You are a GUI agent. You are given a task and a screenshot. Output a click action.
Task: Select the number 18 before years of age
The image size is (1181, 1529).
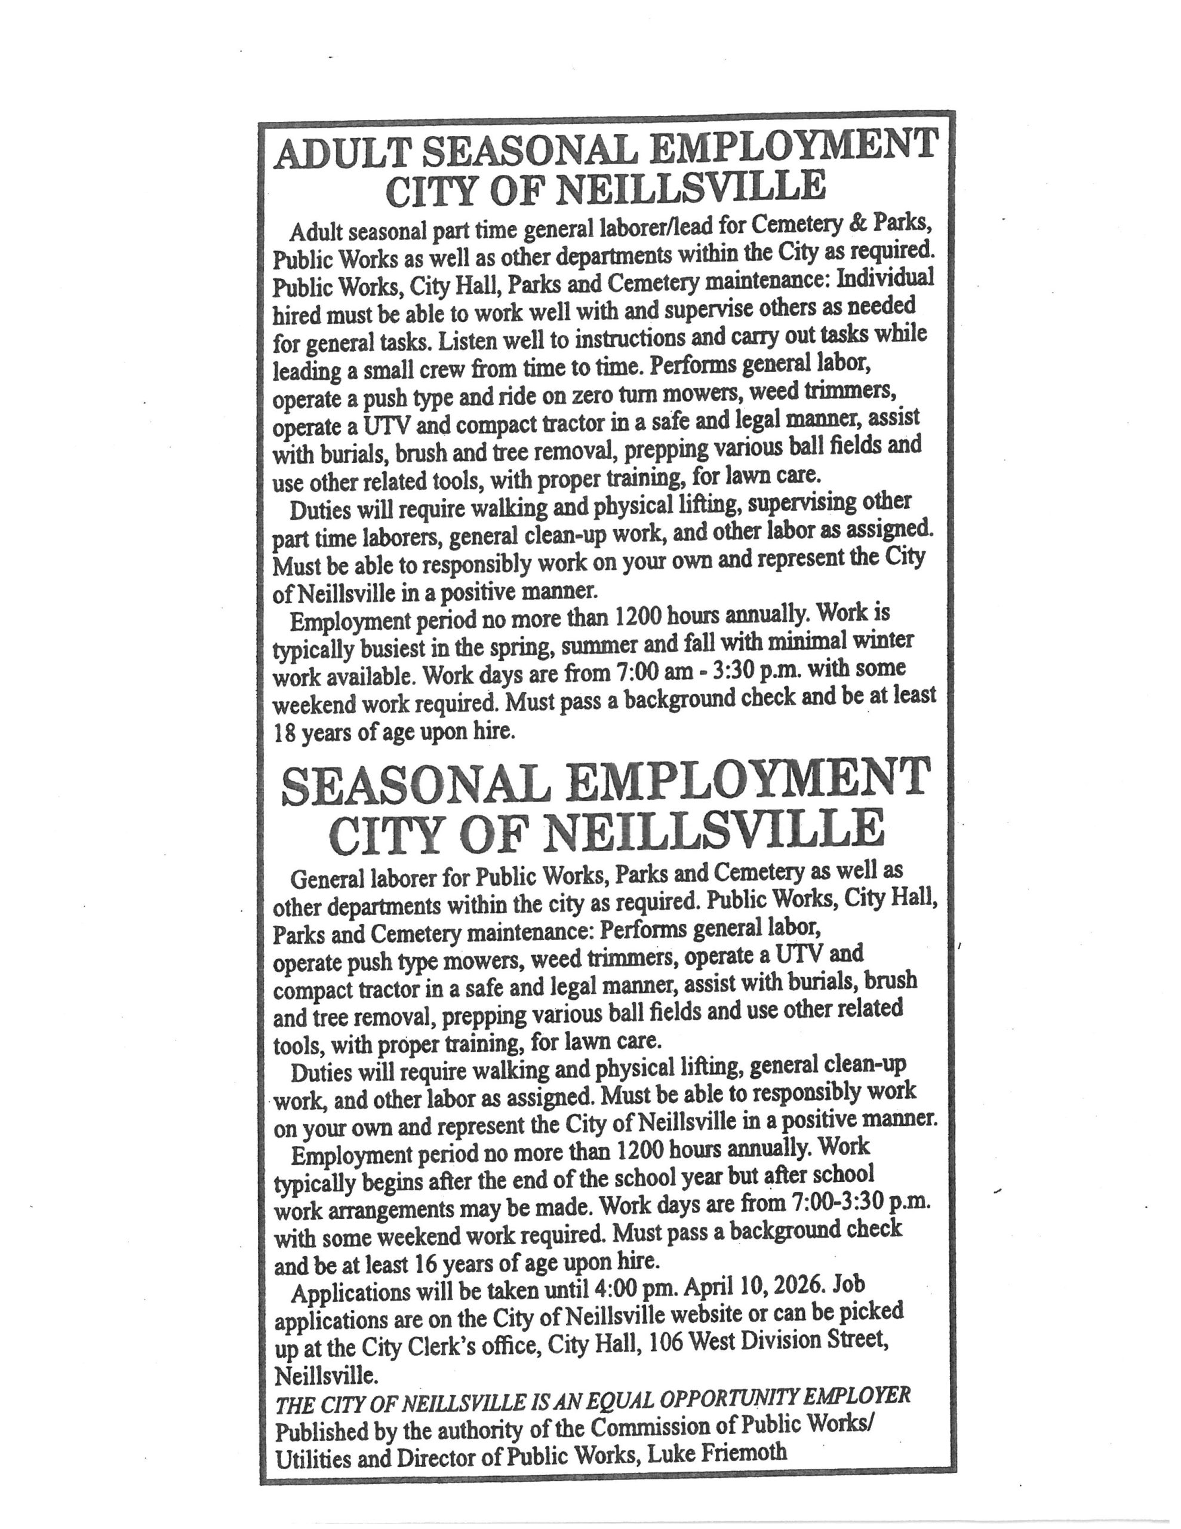(x=285, y=732)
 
